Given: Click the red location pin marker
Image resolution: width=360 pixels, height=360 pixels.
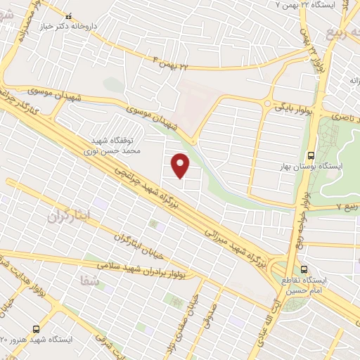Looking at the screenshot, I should point(181,165).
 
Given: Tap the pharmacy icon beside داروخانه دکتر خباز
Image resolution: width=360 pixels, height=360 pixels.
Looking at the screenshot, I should point(67,15).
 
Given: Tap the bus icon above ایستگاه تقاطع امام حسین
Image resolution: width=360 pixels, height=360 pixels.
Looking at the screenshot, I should point(304,269).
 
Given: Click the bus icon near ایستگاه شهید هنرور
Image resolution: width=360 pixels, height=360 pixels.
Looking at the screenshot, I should point(36,328).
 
